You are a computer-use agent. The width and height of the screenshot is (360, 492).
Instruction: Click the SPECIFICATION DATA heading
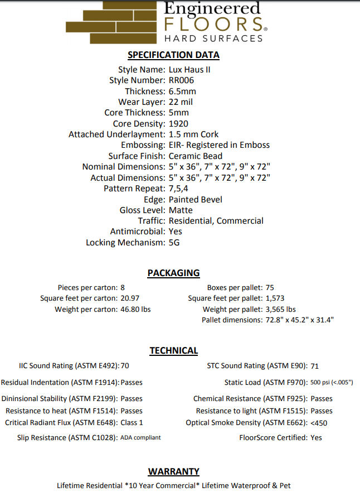(173, 55)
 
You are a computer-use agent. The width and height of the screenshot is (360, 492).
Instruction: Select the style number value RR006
(181, 80)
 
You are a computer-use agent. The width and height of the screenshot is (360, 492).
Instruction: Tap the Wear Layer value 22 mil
(181, 102)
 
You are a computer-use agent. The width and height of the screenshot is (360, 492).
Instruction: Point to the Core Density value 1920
(178, 123)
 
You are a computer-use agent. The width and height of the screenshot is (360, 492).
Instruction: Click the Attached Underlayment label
(116, 134)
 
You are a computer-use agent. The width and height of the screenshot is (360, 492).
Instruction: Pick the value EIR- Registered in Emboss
(219, 145)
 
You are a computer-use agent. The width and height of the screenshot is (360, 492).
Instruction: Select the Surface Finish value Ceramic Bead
(196, 156)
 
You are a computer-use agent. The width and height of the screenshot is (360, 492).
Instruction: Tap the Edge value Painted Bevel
(195, 199)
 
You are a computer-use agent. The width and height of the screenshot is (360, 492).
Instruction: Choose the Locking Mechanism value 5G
(174, 243)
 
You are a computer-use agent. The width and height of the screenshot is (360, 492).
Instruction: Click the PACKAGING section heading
(173, 273)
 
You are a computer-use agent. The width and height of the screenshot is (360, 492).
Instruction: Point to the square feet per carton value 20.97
(130, 298)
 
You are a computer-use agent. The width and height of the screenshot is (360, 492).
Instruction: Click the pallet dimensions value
(299, 320)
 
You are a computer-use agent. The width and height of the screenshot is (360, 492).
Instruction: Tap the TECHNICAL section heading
(173, 350)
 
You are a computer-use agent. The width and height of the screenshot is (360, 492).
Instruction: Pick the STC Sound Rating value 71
(314, 366)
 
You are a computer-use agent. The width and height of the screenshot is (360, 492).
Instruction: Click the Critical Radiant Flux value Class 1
(132, 423)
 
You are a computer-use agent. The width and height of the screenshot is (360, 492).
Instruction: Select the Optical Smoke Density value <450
(319, 423)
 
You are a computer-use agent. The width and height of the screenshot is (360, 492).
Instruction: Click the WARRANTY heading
(173, 471)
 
